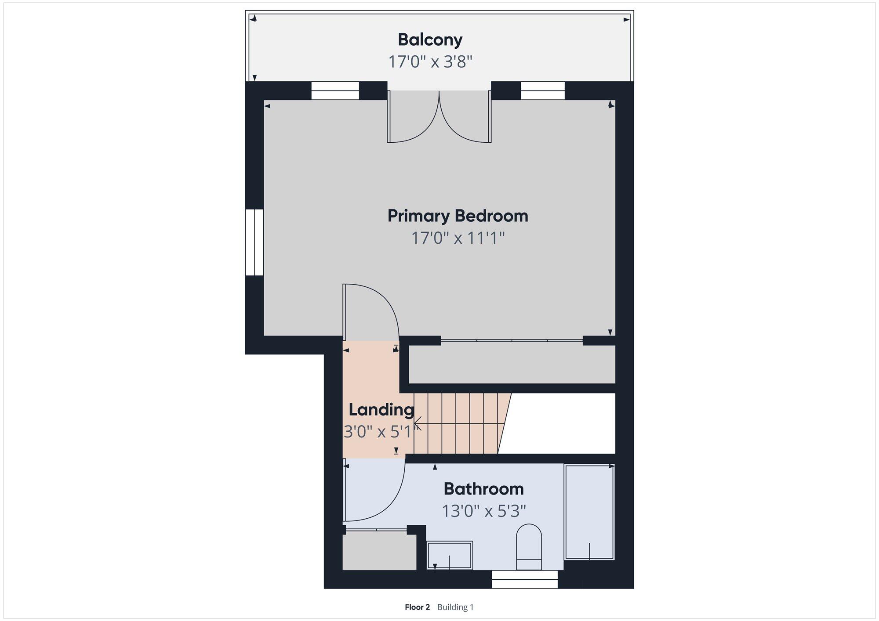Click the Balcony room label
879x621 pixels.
point(430,40)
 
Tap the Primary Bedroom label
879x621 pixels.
point(458,216)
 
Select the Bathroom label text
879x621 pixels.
point(483,489)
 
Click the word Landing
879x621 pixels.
point(381,410)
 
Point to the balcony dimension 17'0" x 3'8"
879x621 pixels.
point(430,62)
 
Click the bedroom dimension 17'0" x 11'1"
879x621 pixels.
point(458,238)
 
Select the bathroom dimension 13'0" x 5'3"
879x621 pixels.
point(483,511)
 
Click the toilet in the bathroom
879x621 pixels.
point(529,547)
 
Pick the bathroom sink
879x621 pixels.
point(450,555)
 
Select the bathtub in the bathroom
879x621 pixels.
point(589,512)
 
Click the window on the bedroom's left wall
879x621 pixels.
point(254,242)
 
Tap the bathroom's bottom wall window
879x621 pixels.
point(524,579)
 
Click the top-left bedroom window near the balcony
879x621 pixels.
point(335,91)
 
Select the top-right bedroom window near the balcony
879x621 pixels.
point(542,91)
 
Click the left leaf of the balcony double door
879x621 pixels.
point(413,117)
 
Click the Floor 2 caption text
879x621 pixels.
point(417,607)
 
